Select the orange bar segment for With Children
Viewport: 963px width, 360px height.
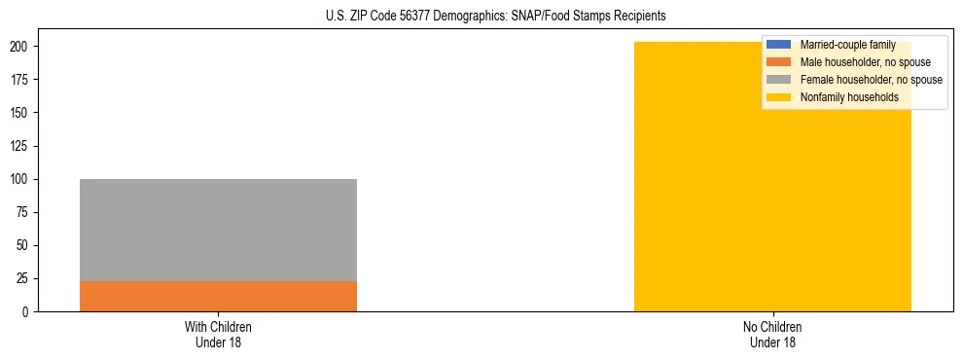[x=218, y=296]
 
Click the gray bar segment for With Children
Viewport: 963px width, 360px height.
[x=218, y=230]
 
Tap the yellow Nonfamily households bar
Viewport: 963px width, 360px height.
[x=772, y=195]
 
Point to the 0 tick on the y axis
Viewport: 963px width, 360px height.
[x=27, y=311]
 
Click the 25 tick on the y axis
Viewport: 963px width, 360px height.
[x=23, y=278]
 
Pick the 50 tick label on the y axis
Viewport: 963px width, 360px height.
[x=23, y=245]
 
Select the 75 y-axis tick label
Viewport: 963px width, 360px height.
[x=23, y=212]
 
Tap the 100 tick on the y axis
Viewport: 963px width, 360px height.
[x=20, y=179]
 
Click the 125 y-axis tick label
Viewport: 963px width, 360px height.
[x=20, y=146]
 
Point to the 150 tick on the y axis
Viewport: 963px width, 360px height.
[x=20, y=113]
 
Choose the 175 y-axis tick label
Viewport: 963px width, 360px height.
[x=20, y=80]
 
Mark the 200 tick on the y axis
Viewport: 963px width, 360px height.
[x=20, y=47]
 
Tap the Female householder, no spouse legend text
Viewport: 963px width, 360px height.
[x=871, y=80]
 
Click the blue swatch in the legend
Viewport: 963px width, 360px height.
[x=779, y=45]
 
